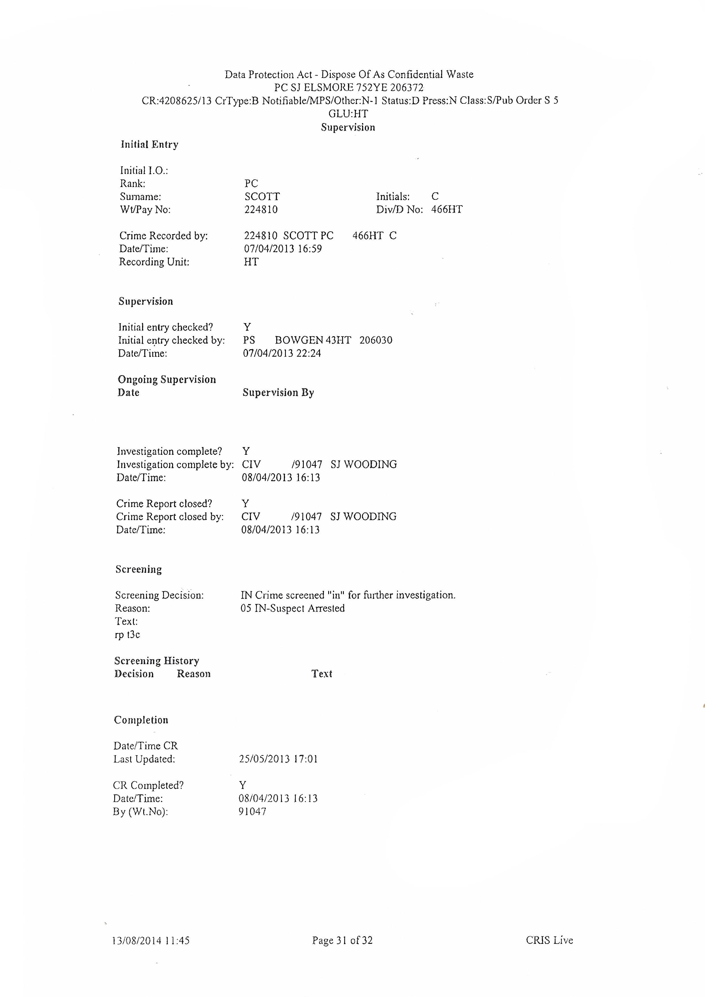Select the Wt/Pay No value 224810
(x=261, y=210)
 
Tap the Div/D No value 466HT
(x=447, y=210)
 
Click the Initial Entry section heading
(x=149, y=145)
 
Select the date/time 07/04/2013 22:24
(x=282, y=354)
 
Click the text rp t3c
(x=127, y=635)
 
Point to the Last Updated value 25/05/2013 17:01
(x=278, y=759)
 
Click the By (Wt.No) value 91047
(x=252, y=812)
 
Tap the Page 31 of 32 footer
(x=342, y=940)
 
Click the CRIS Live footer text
(x=549, y=940)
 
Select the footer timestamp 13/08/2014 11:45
(x=151, y=941)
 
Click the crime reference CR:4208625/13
(x=177, y=101)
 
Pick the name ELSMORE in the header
(x=328, y=88)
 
